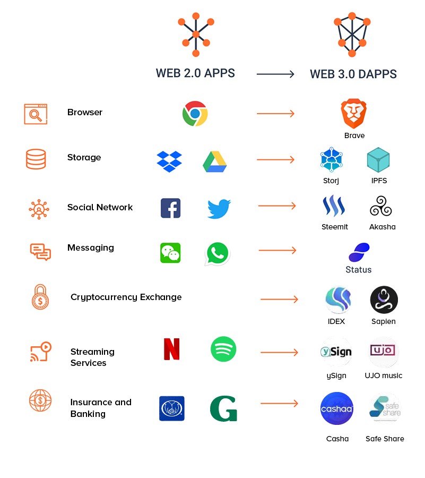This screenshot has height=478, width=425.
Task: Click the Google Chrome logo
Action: point(195,114)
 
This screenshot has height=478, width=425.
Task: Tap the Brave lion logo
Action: point(353,113)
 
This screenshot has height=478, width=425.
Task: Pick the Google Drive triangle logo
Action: point(215,162)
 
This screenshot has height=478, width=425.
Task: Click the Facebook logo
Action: point(171,208)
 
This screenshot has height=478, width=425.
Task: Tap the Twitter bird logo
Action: point(219,209)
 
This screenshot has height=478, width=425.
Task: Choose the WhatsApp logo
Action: point(218,254)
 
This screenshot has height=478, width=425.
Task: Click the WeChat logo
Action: point(170,253)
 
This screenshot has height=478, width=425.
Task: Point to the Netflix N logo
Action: point(171,349)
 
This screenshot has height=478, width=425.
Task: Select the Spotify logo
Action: point(223,349)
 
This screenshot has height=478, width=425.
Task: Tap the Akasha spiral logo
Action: point(381,206)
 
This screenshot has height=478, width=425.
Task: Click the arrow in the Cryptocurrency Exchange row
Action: point(279,300)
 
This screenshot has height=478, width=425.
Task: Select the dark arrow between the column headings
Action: point(275,74)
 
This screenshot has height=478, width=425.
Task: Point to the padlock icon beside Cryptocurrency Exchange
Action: point(40,297)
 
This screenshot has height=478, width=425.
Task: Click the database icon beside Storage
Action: point(36,159)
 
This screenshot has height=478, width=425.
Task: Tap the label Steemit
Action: point(335,227)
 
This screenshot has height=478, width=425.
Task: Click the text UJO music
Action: point(383,375)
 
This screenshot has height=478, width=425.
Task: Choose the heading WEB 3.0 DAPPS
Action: point(353,74)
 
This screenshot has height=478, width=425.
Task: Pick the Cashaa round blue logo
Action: point(337,408)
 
